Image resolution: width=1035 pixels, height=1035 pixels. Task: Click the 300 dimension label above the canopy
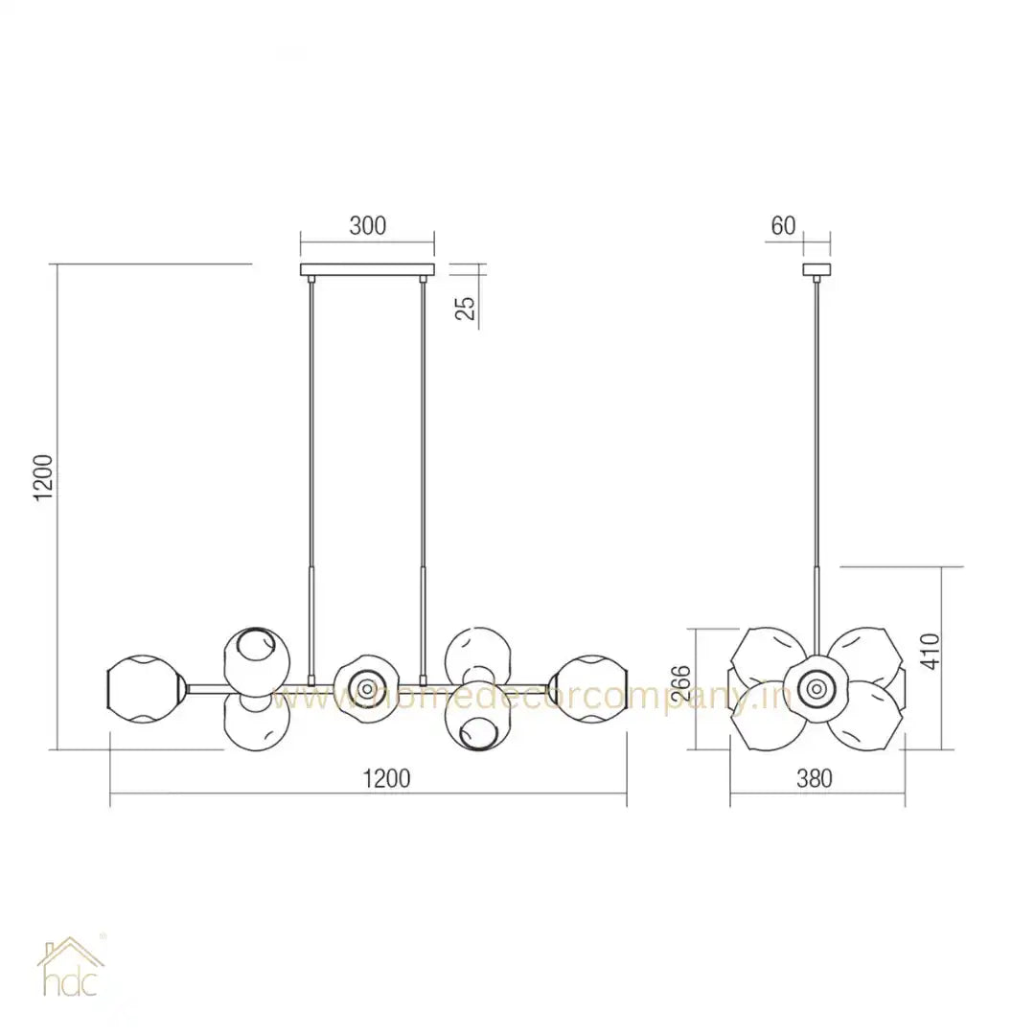click(367, 226)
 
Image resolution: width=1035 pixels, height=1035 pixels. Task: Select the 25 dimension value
click(467, 307)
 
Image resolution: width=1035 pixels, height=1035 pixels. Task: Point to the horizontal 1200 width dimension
click(386, 777)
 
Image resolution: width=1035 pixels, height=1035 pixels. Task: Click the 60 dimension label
click(783, 226)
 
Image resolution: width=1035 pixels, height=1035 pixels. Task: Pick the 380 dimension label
click(815, 778)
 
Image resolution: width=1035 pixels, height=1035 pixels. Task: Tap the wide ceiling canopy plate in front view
click(367, 269)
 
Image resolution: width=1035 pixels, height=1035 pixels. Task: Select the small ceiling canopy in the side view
click(816, 269)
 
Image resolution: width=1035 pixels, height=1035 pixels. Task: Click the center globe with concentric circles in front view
click(365, 687)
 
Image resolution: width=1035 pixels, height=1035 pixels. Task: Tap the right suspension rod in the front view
click(422, 431)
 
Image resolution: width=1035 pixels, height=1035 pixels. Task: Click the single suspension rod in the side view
click(816, 431)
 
